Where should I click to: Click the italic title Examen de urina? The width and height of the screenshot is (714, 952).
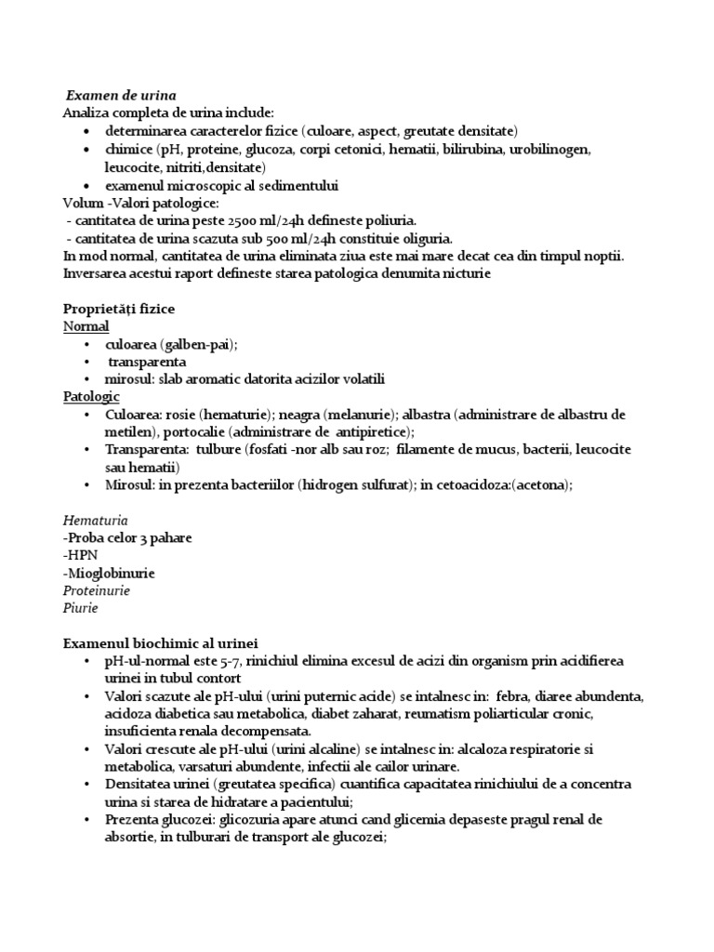pos(121,95)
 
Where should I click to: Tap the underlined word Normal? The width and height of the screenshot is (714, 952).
pos(86,326)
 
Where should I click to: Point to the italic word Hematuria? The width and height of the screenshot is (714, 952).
pos(96,521)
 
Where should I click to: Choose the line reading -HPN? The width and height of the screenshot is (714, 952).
pos(81,556)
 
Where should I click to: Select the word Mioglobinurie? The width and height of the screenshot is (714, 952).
pos(111,574)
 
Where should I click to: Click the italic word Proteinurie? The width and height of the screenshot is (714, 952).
pos(97,591)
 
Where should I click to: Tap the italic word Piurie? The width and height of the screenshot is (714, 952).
pos(80,609)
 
